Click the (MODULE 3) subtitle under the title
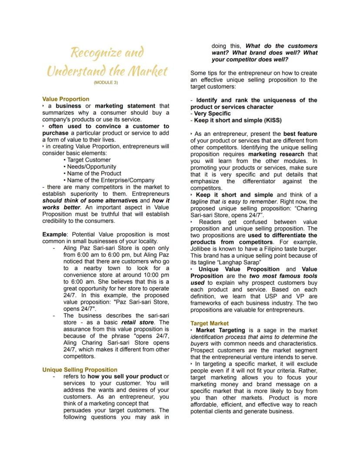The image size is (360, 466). [x=106, y=82]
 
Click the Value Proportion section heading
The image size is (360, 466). [x=66, y=99]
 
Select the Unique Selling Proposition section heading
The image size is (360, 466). [x=80, y=370]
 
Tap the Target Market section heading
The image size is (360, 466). [x=210, y=323]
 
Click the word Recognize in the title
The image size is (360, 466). [x=93, y=53]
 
